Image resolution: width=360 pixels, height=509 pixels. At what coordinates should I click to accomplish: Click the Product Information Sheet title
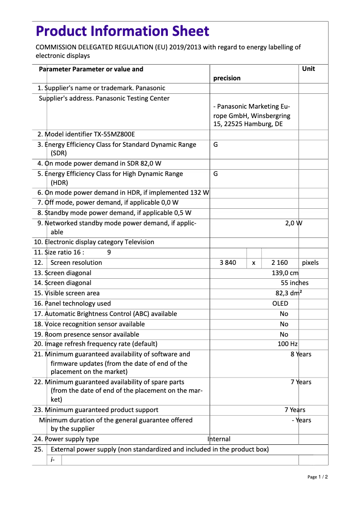122,31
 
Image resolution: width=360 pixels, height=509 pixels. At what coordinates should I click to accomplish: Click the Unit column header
308,69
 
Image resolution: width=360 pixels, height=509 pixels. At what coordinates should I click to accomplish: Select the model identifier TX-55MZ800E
114,134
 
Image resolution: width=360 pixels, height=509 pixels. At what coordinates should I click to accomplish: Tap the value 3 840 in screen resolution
228,263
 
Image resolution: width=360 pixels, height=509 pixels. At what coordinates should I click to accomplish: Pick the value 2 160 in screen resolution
280,263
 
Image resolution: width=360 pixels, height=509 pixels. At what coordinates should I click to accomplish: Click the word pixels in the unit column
310,263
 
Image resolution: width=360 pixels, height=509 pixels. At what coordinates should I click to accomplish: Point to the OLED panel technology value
280,303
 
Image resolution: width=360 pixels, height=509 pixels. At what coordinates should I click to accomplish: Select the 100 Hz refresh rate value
288,344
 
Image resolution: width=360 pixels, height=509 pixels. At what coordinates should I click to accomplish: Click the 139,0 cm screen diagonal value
285,273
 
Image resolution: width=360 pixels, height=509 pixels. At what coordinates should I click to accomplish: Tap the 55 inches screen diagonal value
294,283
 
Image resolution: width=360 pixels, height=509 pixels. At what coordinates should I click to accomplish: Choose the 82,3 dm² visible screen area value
288,293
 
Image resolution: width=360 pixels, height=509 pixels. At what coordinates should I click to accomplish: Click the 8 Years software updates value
301,355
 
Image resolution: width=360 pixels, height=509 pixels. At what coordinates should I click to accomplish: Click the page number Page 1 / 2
317,477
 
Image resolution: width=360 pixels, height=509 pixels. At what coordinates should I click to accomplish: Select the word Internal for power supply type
219,439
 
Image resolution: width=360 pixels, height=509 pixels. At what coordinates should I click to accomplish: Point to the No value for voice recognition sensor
284,324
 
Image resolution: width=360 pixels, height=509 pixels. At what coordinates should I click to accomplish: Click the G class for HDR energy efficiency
215,174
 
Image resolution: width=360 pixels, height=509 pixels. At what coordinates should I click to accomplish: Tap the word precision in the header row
227,78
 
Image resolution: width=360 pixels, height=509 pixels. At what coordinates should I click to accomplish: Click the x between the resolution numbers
254,263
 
